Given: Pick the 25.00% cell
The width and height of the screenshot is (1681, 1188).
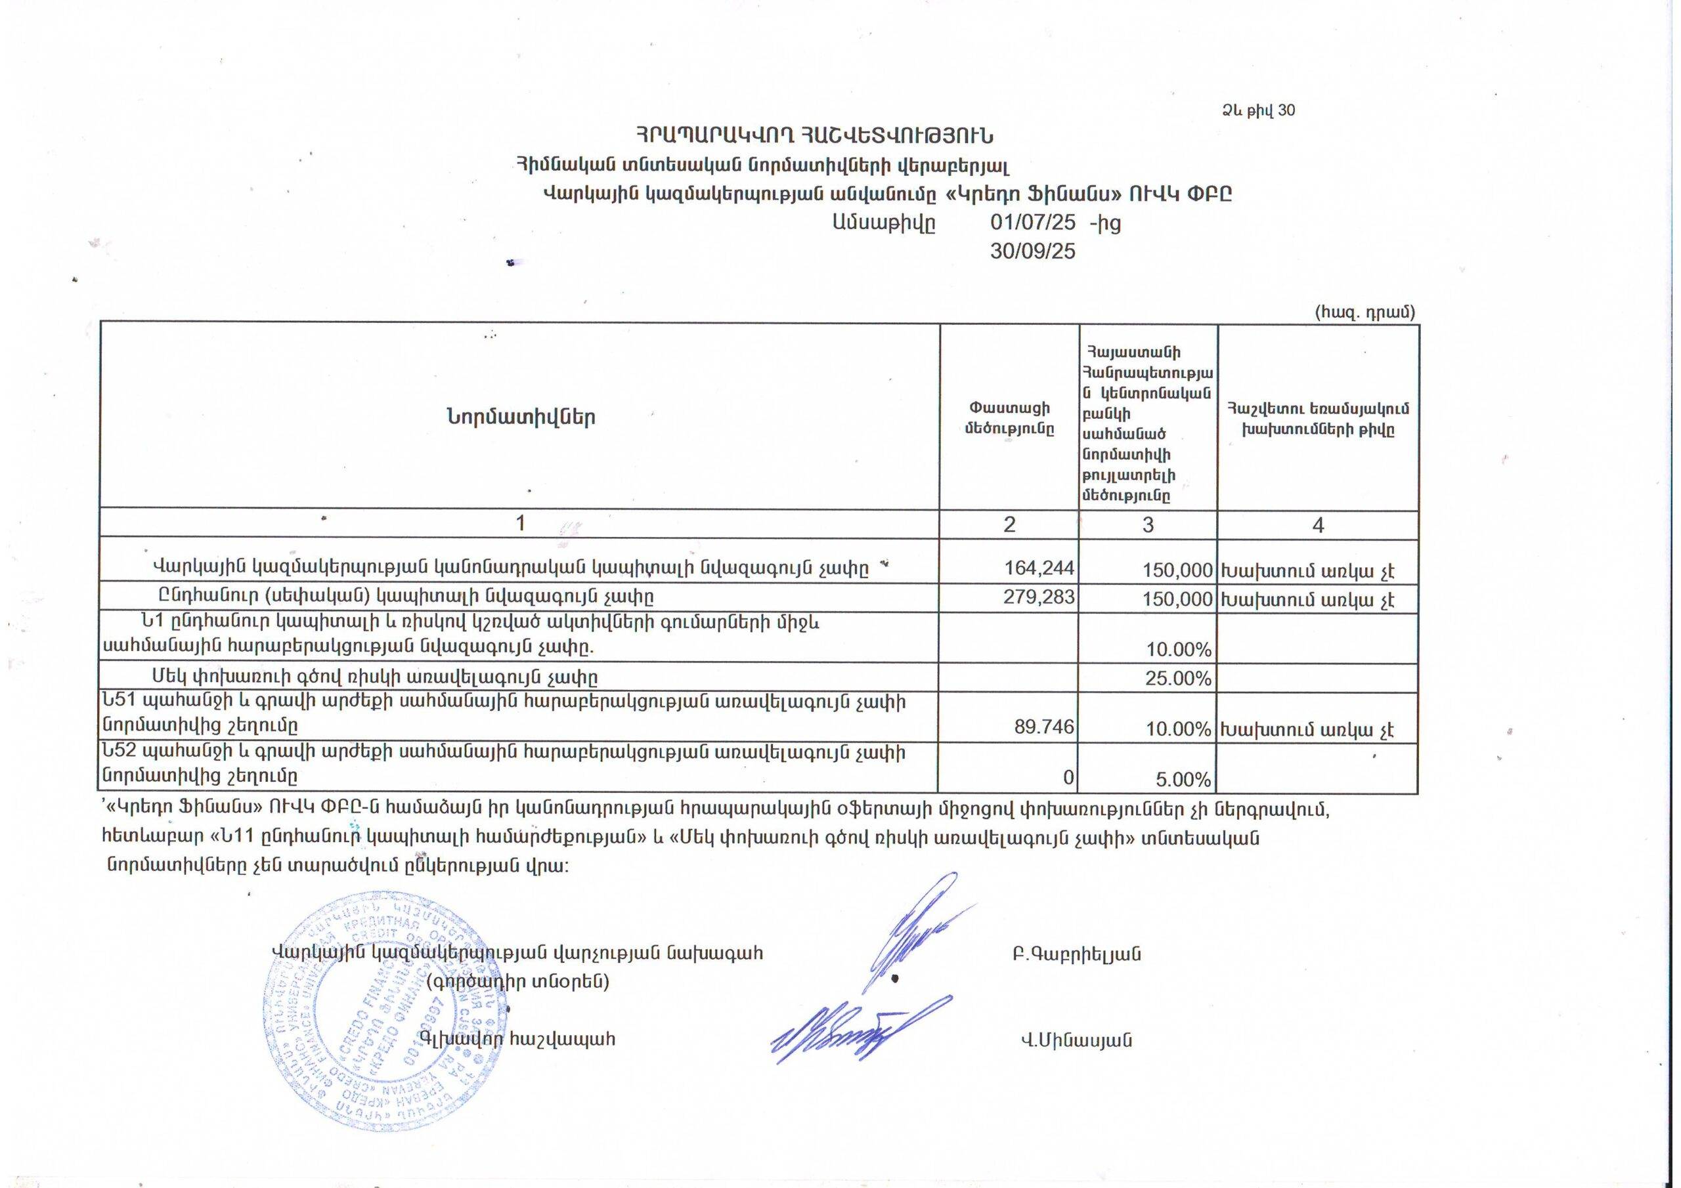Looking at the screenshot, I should [x=1178, y=678].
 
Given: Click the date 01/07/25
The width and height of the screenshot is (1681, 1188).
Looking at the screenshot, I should [x=1032, y=223].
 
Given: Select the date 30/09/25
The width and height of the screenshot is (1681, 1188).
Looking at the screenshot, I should [x=1032, y=251].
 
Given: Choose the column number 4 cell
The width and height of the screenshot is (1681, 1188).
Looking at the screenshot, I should [x=1318, y=525].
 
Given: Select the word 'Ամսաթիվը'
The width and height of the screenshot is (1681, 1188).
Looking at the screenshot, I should [x=883, y=223].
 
